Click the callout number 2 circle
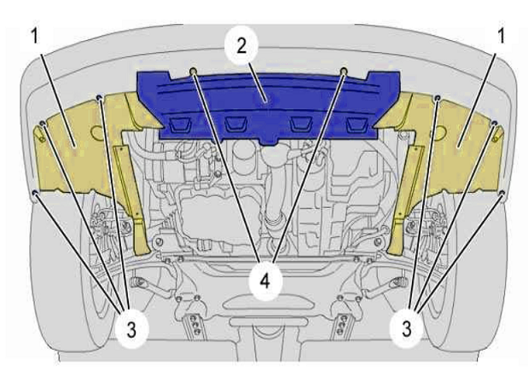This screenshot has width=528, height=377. click(241, 45)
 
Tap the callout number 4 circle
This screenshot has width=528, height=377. click(265, 281)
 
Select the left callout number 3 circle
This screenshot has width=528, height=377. click(131, 329)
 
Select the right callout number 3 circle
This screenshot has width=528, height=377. click(407, 328)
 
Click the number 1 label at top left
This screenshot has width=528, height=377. click(35, 36)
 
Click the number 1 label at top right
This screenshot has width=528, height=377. click(501, 36)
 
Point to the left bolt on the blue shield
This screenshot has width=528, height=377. click(194, 72)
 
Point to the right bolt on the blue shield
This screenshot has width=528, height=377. click(344, 72)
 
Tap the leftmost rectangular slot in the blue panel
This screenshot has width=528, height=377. click(181, 125)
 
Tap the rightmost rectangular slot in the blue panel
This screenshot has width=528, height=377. click(357, 125)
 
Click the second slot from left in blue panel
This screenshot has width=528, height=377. click(236, 125)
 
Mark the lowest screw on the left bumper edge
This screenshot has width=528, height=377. click(35, 193)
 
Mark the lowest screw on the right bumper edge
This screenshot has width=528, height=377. click(502, 193)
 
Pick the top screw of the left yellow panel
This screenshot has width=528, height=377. click(99, 97)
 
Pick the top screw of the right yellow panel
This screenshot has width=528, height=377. click(438, 97)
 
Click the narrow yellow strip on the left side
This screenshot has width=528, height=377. click(132, 199)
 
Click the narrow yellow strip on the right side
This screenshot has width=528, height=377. click(406, 199)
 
